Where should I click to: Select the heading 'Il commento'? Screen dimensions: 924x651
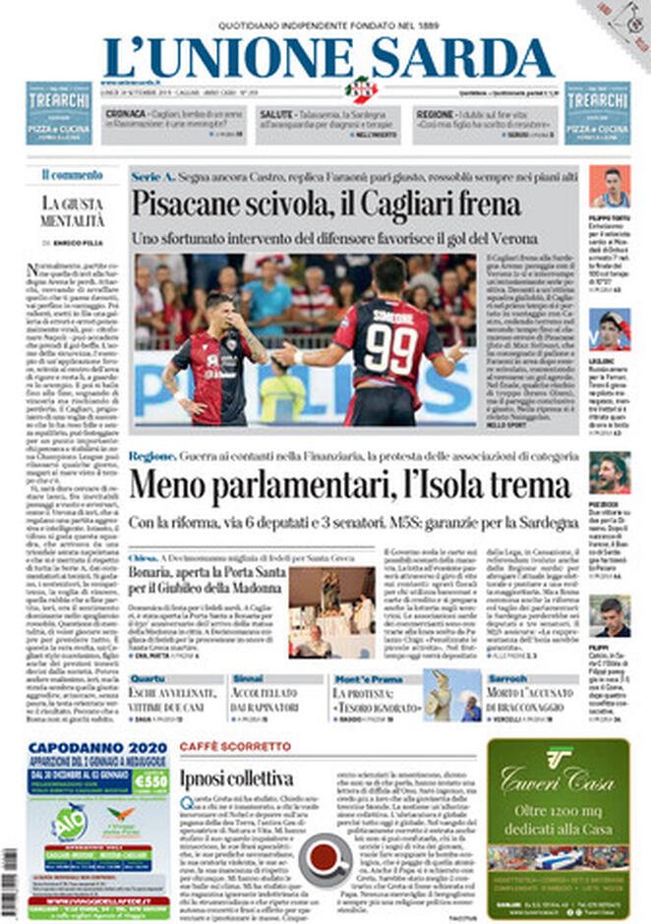(x=72, y=174)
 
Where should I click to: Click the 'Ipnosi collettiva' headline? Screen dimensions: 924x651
(x=237, y=779)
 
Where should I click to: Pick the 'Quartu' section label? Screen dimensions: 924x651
(x=148, y=678)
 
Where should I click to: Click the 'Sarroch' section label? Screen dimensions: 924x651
(x=507, y=678)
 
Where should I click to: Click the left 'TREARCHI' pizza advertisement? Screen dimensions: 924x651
(x=58, y=113)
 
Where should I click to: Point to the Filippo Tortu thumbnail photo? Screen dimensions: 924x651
(x=610, y=186)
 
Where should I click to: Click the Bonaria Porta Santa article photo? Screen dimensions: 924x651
(x=331, y=611)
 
